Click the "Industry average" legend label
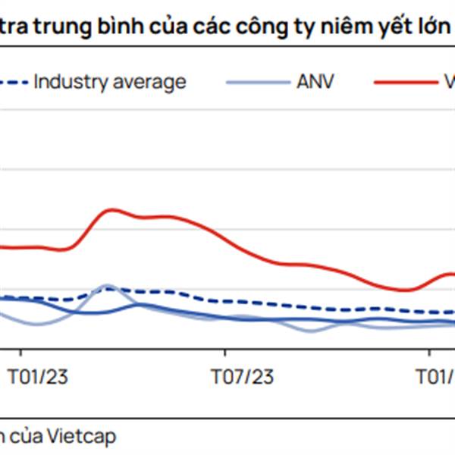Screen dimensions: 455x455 pyautogui.click(x=110, y=82)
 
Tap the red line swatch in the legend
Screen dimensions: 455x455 pyautogui.click(x=402, y=82)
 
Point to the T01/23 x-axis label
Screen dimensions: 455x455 pyautogui.click(x=37, y=376)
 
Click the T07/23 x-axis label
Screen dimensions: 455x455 pyautogui.click(x=240, y=376)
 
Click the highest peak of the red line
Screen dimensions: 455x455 pyautogui.click(x=112, y=209)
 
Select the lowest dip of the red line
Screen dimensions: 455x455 pyautogui.click(x=406, y=290)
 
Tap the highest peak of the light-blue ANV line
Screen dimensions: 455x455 pyautogui.click(x=107, y=286)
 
